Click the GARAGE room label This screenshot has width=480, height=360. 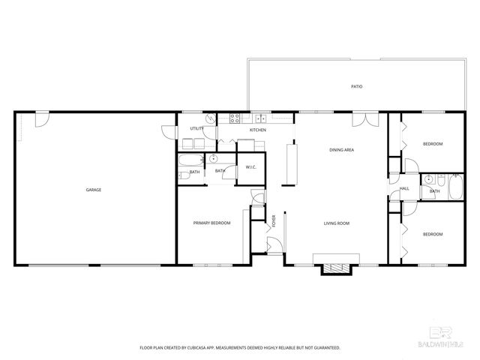click(93, 190)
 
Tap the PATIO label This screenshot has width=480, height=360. click(357, 87)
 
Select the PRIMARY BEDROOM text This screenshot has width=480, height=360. click(211, 223)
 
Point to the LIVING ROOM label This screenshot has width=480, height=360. click(337, 223)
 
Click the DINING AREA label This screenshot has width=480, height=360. click(341, 150)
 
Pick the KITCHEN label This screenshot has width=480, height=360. click(258, 130)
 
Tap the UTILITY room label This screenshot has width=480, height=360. click(197, 128)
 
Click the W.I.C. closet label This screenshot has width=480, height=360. click(250, 166)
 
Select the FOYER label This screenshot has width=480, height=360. click(274, 220)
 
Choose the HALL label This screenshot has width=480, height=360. click(404, 188)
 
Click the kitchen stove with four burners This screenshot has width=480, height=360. click(234, 117)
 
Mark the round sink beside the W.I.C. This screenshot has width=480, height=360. click(214, 159)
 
